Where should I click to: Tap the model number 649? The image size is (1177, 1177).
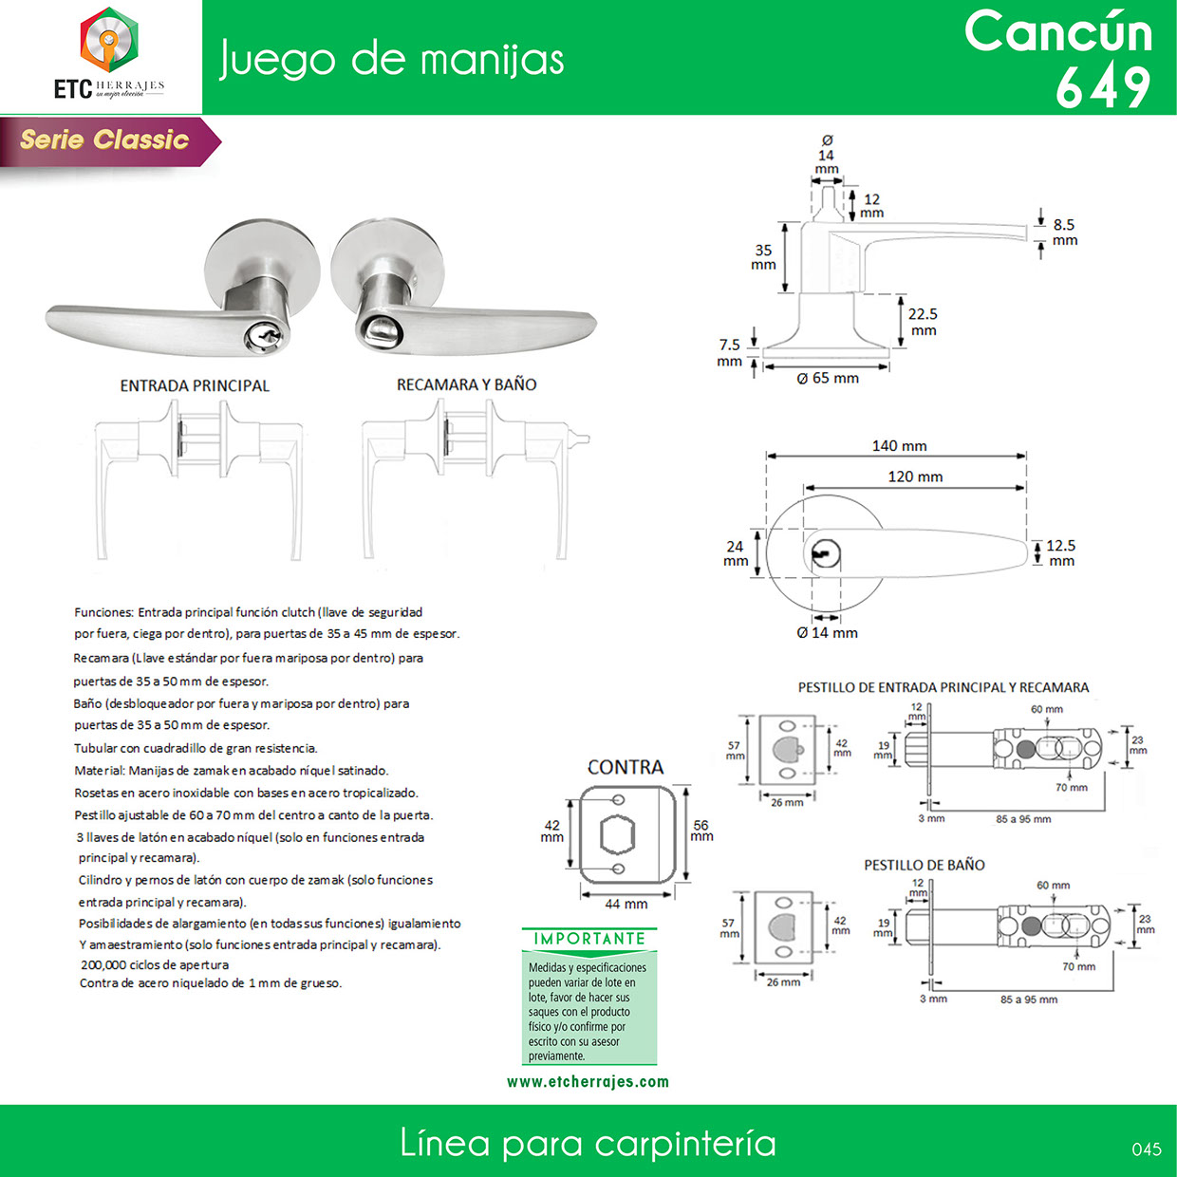tap(1103, 87)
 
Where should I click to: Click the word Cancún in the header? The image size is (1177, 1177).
tap(1058, 31)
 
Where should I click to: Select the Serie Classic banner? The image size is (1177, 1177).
tap(105, 140)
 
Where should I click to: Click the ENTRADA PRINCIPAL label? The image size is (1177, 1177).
tap(195, 386)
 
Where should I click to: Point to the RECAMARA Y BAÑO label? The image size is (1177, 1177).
tap(466, 384)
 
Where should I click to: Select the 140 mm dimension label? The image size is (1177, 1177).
tap(899, 446)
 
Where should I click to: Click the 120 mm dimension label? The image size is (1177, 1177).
tap(915, 476)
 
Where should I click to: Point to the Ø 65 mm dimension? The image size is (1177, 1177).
tap(828, 379)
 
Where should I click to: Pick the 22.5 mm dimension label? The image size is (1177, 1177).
tap(923, 322)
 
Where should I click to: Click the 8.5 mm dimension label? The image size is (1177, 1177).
tap(1064, 233)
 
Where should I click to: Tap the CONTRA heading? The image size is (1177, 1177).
tap(626, 767)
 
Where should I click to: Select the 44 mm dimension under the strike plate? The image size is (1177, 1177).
tap(626, 904)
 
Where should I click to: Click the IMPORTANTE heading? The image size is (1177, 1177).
tap(588, 939)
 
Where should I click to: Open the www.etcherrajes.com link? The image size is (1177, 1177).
tap(588, 1082)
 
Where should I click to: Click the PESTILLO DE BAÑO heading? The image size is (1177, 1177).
tap(924, 865)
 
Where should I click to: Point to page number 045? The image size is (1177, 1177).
tap(1146, 1149)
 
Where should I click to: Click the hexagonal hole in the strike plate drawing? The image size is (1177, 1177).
tap(618, 835)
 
